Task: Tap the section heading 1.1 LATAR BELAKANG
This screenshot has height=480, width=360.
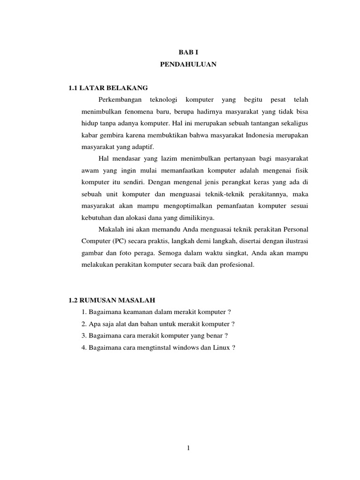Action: (108, 88)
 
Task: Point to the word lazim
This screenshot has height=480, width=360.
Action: (161, 159)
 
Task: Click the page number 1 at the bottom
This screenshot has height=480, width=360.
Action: (188, 448)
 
